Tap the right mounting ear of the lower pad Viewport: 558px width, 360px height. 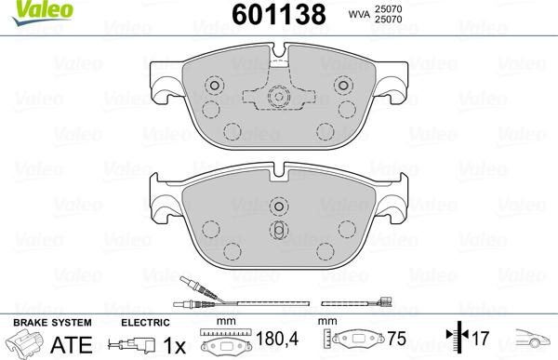392,201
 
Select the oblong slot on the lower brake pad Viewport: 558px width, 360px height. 278,230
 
